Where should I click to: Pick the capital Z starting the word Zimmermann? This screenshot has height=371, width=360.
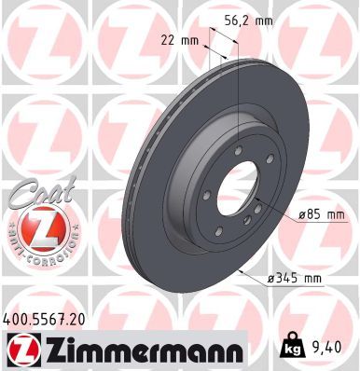tap(57, 350)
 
